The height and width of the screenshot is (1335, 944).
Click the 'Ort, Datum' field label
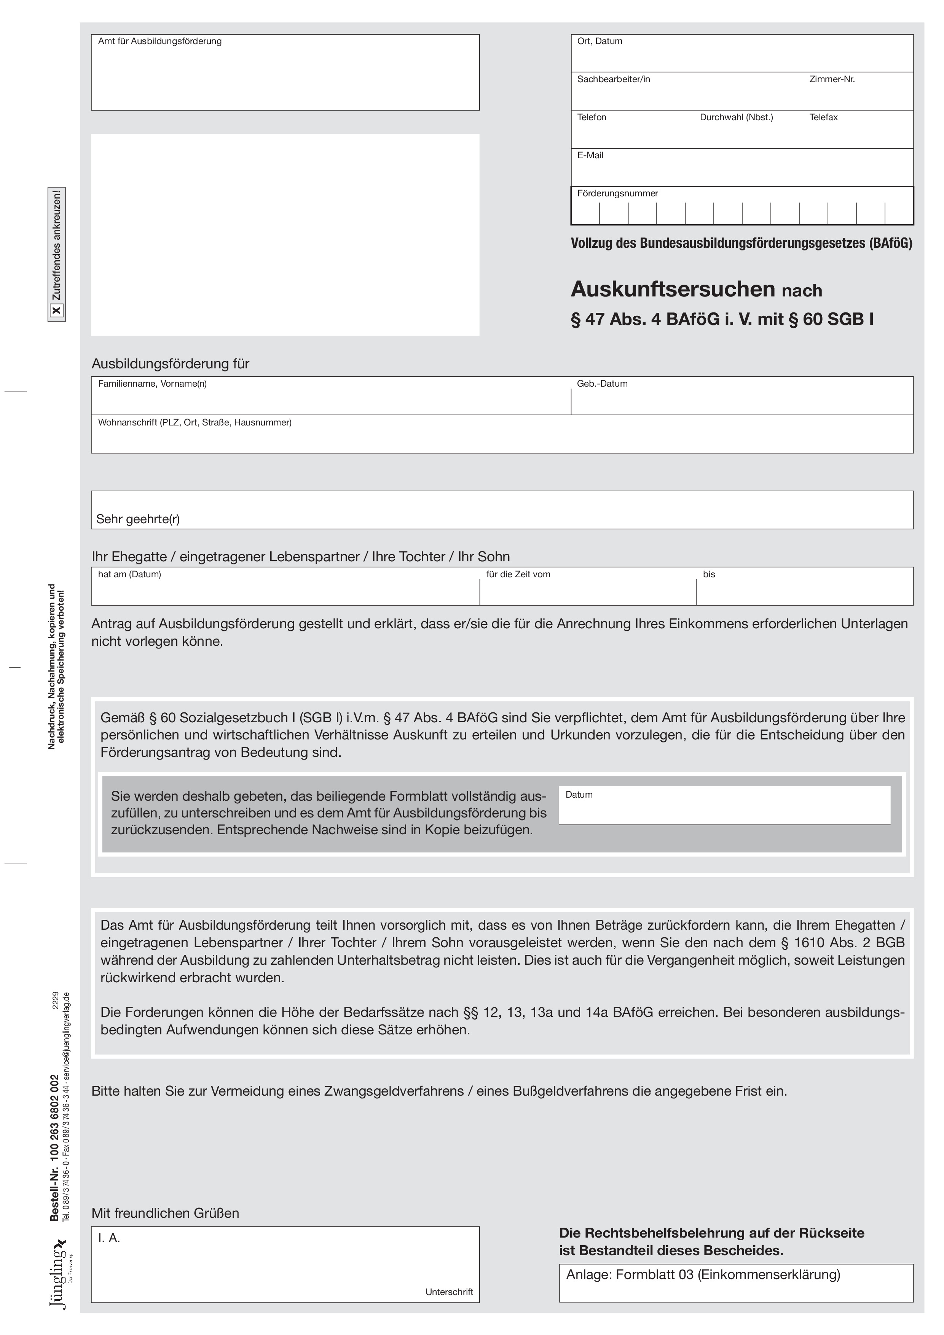click(599, 41)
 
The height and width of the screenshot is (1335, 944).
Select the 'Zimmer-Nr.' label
click(832, 79)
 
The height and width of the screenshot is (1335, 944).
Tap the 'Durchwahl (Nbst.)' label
click(736, 118)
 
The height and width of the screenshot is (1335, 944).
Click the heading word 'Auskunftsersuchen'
click(672, 289)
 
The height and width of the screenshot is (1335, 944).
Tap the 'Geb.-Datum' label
click(602, 384)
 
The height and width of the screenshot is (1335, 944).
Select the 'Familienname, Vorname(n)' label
click(152, 384)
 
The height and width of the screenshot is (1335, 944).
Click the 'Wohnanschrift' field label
click(194, 423)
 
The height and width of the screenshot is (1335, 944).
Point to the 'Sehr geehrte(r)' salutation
click(138, 519)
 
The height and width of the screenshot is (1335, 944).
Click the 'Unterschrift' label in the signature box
click(449, 1292)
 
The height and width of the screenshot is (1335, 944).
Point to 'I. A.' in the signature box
click(109, 1238)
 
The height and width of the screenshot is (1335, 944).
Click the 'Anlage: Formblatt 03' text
click(703, 1275)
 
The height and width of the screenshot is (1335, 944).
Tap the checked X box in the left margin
click(56, 311)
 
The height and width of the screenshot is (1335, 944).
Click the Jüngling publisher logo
click(59, 1273)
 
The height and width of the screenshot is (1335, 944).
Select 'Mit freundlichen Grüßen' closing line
click(165, 1214)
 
